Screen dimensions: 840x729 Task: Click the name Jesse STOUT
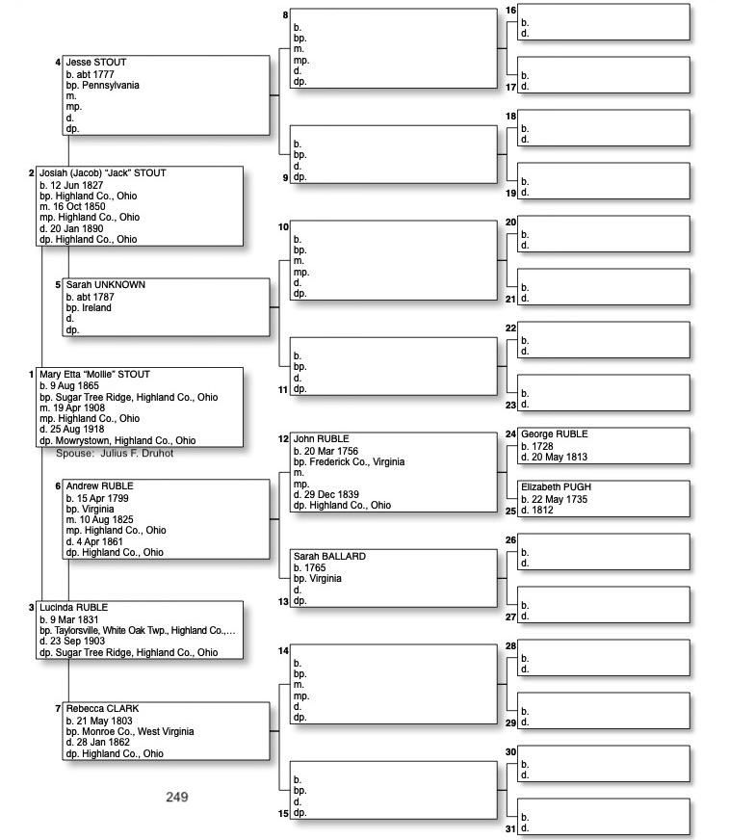tap(96, 63)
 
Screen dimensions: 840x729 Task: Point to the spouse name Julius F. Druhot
tap(137, 453)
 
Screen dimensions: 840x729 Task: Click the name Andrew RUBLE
tap(100, 486)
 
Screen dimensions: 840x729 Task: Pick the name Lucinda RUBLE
tap(74, 608)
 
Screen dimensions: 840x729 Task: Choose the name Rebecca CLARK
tap(103, 709)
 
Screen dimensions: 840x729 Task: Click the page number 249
tap(176, 797)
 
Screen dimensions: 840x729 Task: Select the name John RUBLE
tap(321, 439)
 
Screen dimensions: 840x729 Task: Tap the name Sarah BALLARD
tap(329, 557)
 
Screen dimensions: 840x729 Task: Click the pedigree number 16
tap(510, 11)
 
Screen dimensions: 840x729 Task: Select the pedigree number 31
tap(511, 828)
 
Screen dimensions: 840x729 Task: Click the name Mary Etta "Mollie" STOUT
tap(95, 375)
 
